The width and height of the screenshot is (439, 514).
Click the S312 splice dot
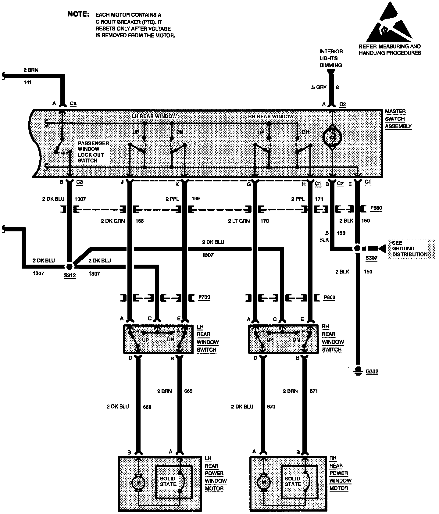[70, 266]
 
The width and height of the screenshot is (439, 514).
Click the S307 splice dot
[357, 248]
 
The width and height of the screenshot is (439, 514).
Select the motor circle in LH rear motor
[138, 482]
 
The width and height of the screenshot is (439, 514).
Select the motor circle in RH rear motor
[264, 482]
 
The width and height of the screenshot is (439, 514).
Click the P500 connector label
[376, 208]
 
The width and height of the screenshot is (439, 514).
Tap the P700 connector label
[204, 297]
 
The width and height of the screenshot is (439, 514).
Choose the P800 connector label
[329, 297]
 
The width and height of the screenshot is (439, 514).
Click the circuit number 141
[27, 82]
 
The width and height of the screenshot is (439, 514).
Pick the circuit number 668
[147, 407]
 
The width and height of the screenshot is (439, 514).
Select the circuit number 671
[314, 391]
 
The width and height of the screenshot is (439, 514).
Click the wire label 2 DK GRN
[113, 221]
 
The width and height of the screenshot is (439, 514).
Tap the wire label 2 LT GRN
[239, 221]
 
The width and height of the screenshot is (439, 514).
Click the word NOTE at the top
[78, 14]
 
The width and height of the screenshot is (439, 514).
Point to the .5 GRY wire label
[318, 87]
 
